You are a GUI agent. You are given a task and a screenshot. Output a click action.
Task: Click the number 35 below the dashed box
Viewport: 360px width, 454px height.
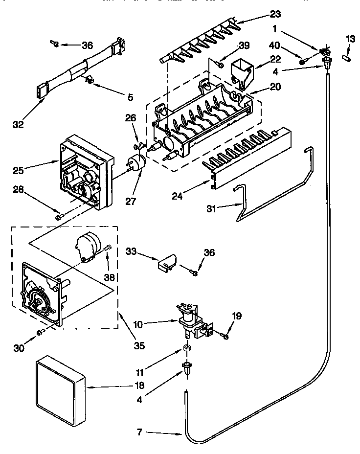[139, 345]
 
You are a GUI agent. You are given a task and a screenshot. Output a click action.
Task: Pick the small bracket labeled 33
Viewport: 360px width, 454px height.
[165, 263]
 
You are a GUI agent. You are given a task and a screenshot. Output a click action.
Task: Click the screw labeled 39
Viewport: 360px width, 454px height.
[221, 64]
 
